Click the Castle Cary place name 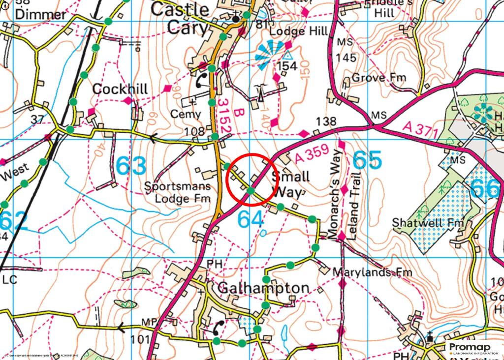click(x=180, y=18)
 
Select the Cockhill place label click(x=120, y=89)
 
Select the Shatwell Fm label click(x=428, y=223)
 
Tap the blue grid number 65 click(x=367, y=161)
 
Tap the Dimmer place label click(x=40, y=14)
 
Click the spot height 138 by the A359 click(x=326, y=121)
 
